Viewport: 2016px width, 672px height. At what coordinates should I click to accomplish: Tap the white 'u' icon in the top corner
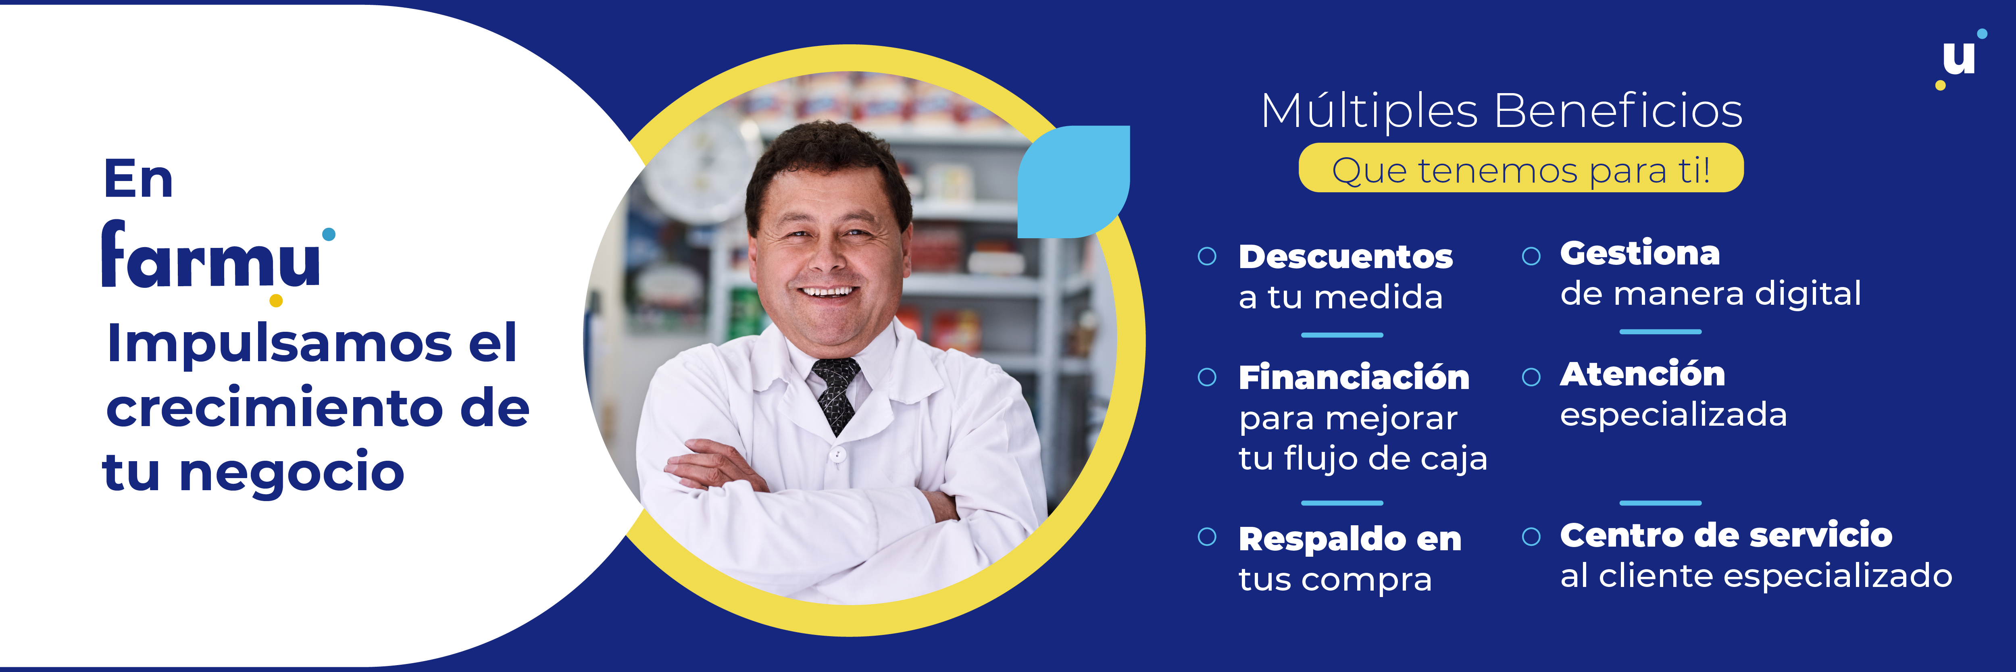(x=1959, y=59)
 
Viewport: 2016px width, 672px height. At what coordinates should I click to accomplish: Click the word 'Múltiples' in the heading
(x=1370, y=111)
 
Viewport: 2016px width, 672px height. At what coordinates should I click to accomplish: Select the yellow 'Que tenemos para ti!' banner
(x=1520, y=168)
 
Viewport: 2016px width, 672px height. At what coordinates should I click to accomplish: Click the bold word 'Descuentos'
(x=1345, y=257)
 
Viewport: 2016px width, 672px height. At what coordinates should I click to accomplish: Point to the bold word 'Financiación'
(x=1354, y=378)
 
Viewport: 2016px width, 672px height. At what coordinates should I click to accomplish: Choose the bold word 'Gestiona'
(x=1639, y=254)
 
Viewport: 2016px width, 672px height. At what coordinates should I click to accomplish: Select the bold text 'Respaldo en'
(x=1350, y=539)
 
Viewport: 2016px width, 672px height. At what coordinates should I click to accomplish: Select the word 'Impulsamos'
(x=279, y=344)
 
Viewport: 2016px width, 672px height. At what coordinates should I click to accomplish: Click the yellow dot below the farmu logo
(x=275, y=300)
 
